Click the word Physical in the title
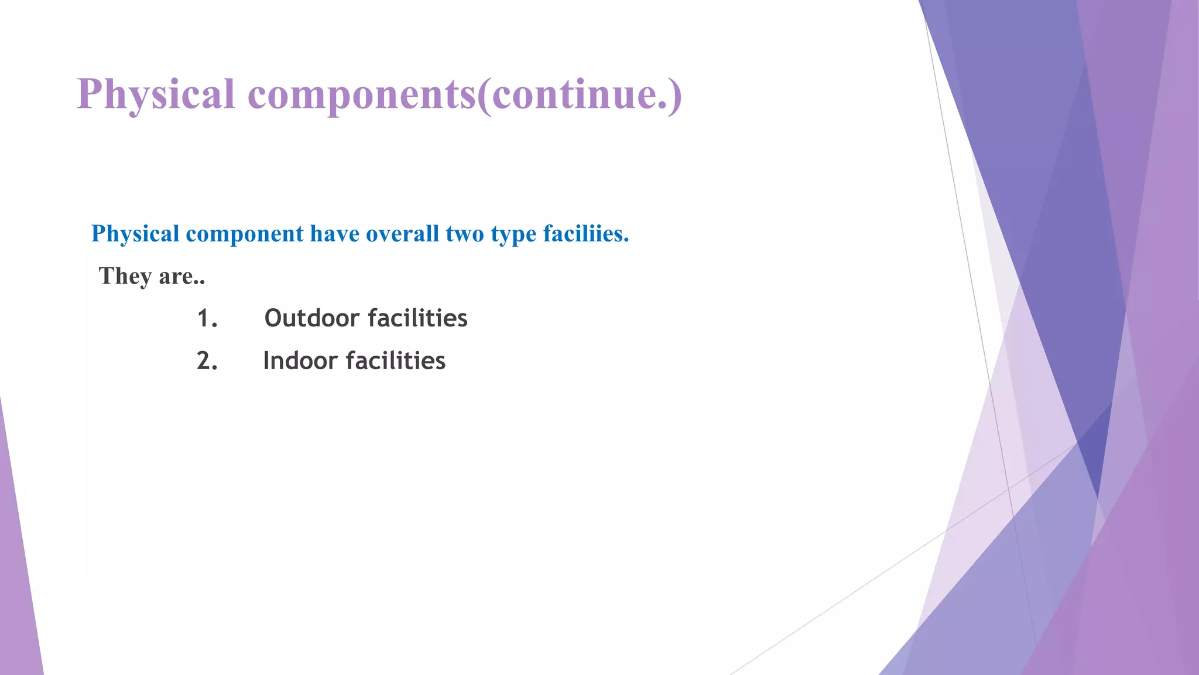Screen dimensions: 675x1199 tap(155, 94)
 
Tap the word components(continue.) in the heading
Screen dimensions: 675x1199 tap(465, 94)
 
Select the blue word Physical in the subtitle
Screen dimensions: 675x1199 tap(135, 234)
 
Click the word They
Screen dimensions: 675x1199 tap(125, 276)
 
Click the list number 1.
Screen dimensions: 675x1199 tap(207, 319)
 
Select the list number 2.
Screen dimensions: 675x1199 tap(207, 361)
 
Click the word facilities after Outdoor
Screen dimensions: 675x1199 tap(417, 318)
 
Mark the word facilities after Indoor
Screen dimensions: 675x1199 tap(396, 361)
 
